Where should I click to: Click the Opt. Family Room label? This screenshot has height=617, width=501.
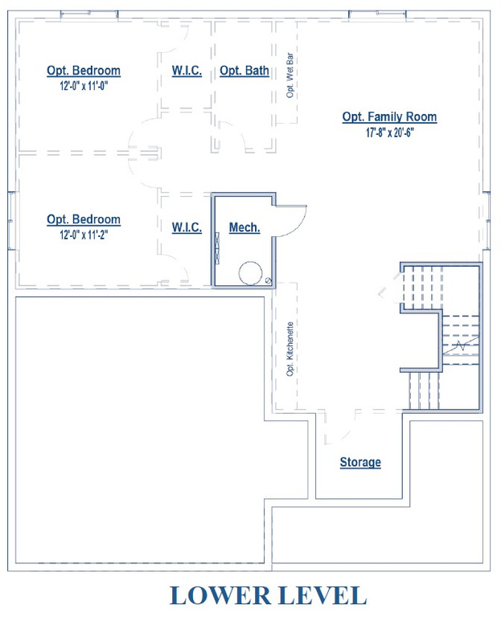coord(389,116)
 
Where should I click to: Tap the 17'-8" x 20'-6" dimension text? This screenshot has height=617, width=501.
coord(389,133)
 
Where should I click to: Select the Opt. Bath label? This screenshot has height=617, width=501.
coord(244,71)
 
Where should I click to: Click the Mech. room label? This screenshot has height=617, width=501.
coord(244,227)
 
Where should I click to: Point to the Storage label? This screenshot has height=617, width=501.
coord(360,462)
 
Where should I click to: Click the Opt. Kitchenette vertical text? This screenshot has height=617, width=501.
coord(290,349)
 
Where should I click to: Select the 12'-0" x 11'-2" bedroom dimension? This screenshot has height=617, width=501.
coord(84,235)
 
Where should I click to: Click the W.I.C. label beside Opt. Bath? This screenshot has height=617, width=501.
coord(187,71)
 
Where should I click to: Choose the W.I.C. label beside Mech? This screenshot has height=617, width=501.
coord(187,227)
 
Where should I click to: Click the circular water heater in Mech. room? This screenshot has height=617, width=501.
coord(250,272)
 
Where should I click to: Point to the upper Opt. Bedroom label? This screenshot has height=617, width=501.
coord(84,71)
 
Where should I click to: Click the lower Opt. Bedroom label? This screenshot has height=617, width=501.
coord(84,219)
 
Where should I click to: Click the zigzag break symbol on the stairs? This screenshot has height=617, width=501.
coord(459,346)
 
